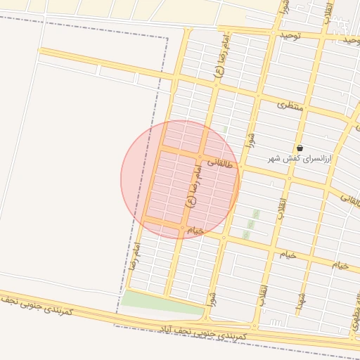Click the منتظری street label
coord(290,105)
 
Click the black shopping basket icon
coord(300,148)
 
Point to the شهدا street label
coord(300,304)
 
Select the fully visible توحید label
coord(288,34)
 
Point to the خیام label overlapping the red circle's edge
coord(195,230)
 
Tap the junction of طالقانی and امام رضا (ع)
coord(201,155)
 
